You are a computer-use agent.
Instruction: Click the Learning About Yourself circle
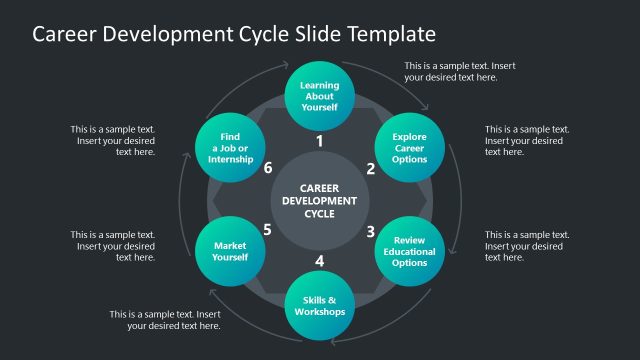coord(319,95)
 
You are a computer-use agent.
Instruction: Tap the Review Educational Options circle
coord(410,251)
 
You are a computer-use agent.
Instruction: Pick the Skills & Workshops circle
coord(319,305)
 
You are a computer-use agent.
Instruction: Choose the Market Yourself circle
coord(229,251)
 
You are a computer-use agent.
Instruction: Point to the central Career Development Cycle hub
coord(319,200)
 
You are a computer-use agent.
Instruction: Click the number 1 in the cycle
coord(319,141)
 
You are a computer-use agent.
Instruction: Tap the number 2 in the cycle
coord(370,169)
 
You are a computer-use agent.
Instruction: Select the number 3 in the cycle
coord(370,232)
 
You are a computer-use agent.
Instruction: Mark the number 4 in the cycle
coord(319,262)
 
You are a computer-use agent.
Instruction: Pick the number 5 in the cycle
coord(268,230)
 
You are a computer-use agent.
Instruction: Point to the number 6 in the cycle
coord(268,168)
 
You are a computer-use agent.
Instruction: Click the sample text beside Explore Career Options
coord(527,140)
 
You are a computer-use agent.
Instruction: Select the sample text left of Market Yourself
coord(112,246)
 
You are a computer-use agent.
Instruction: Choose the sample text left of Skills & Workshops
coord(165,319)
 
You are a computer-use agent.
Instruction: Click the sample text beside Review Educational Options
coord(527,246)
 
